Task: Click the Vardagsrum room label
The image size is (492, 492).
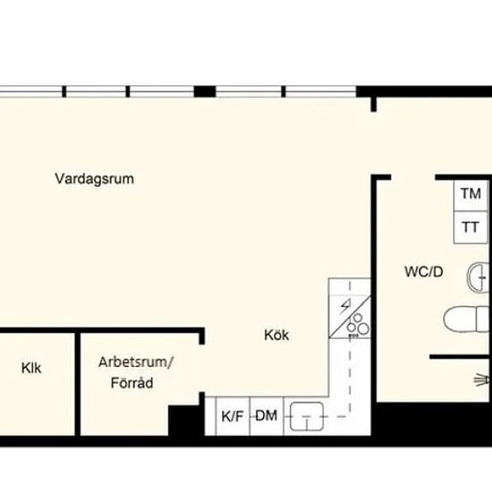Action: tap(95, 179)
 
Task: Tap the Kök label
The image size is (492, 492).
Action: tap(276, 335)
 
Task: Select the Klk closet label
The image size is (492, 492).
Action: tap(31, 368)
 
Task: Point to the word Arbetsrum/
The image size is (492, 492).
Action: tap(136, 362)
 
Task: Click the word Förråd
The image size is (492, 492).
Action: tap(132, 383)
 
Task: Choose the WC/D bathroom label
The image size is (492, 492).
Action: tap(424, 272)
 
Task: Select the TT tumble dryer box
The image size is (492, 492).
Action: tap(471, 227)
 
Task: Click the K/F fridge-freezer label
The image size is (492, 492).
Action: tap(233, 417)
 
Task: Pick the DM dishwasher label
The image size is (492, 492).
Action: tap(267, 416)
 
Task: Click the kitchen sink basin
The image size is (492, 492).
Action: tap(307, 416)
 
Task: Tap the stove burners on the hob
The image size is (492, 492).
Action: tap(358, 325)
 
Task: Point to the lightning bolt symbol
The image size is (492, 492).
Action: tap(346, 307)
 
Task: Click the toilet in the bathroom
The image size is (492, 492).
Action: tap(468, 318)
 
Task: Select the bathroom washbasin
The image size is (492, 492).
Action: tap(479, 277)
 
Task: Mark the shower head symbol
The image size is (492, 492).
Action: tap(482, 380)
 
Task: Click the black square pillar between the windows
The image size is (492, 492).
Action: tap(205, 91)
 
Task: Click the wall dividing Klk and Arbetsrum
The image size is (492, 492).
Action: tap(78, 384)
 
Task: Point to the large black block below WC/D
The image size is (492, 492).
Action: tap(434, 419)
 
